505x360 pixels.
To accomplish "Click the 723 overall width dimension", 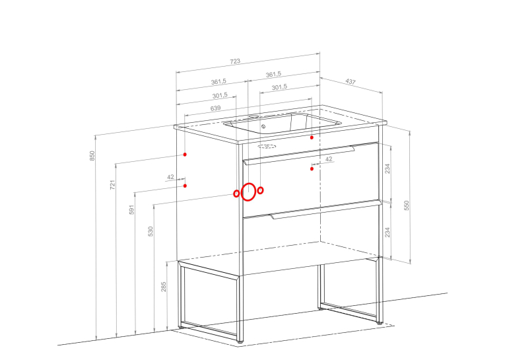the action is tap(235, 61).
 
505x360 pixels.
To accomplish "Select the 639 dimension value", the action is tap(215, 108).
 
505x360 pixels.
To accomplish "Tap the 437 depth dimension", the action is tap(351, 81).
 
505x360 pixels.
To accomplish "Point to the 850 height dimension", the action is tap(92, 156).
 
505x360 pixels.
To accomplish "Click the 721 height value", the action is tap(112, 185).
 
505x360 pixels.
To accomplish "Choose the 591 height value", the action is tap(131, 209).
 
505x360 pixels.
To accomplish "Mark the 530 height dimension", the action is tap(151, 231).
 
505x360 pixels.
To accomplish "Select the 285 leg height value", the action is tap(164, 287).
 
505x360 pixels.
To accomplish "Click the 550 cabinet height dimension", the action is tap(406, 205).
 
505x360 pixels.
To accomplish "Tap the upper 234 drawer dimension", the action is tap(387, 168).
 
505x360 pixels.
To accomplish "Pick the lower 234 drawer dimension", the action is tap(387, 232).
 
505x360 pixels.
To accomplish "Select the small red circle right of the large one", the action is tap(260, 190).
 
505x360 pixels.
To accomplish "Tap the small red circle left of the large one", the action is tap(236, 194).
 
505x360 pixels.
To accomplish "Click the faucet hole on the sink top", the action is tap(254, 116).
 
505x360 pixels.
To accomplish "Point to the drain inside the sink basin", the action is tap(263, 126).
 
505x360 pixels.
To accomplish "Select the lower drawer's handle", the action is tap(325, 210).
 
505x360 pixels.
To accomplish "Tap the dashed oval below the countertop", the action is tap(267, 147).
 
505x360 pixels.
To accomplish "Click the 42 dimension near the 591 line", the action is tap(171, 177).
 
